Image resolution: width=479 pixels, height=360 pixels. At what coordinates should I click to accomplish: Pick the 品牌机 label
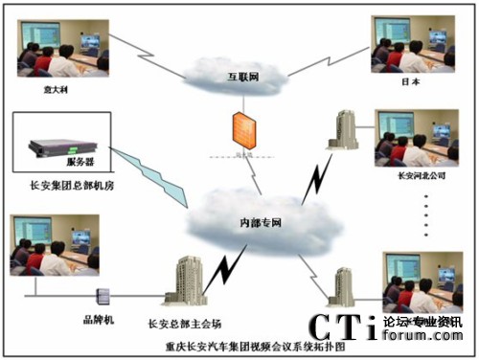coord(99,319)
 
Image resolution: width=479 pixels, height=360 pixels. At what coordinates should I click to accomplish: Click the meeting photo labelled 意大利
coord(57,47)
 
